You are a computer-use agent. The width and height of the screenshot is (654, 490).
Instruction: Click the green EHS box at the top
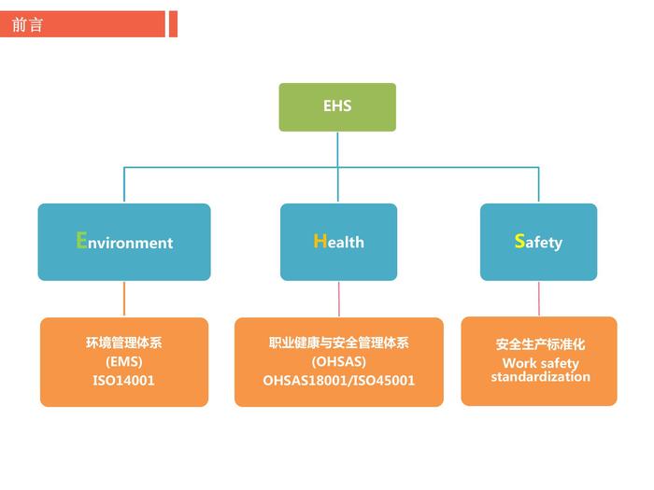click(x=337, y=106)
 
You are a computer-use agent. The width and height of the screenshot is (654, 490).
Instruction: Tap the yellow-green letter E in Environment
click(x=81, y=240)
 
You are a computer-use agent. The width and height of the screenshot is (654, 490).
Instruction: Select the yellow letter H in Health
click(x=320, y=241)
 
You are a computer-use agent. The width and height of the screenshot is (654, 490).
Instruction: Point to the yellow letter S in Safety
click(x=519, y=241)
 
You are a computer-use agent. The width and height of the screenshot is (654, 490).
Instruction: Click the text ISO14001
click(x=123, y=381)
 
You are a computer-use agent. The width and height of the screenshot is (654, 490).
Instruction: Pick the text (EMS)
click(x=123, y=362)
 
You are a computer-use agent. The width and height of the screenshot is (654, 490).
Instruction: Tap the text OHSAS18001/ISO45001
click(x=338, y=381)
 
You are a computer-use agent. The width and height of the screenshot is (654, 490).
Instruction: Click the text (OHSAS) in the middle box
click(x=338, y=362)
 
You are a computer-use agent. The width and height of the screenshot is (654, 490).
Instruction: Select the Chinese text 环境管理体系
click(x=123, y=343)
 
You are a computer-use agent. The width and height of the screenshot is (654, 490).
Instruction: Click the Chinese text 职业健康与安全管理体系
click(x=338, y=343)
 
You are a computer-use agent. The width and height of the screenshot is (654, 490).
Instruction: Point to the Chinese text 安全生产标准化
click(x=540, y=344)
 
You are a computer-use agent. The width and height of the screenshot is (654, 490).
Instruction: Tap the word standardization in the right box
click(x=540, y=377)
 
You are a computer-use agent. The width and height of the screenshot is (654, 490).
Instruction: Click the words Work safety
click(x=540, y=363)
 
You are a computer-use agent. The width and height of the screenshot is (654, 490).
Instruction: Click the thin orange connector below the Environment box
click(x=124, y=299)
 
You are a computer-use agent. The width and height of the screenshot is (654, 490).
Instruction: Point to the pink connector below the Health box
click(x=338, y=299)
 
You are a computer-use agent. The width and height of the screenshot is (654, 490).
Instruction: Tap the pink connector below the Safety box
click(x=539, y=299)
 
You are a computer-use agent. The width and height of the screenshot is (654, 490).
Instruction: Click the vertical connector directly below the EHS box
click(x=337, y=149)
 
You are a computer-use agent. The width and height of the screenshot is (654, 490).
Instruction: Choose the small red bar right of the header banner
click(x=173, y=24)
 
